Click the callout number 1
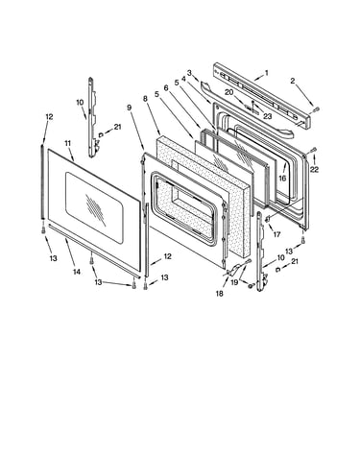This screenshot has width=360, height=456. (x=267, y=73)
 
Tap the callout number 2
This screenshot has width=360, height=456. (x=293, y=82)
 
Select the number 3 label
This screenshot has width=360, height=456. (x=189, y=73)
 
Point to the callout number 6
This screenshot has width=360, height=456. (x=166, y=87)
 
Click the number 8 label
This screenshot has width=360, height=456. (x=145, y=99)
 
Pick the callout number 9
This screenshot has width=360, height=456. (x=129, y=108)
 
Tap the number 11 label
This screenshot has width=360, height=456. (x=67, y=143)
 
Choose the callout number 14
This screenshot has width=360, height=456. (x=77, y=272)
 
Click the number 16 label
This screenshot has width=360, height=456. (x=282, y=179)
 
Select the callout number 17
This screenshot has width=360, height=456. (x=276, y=234)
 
